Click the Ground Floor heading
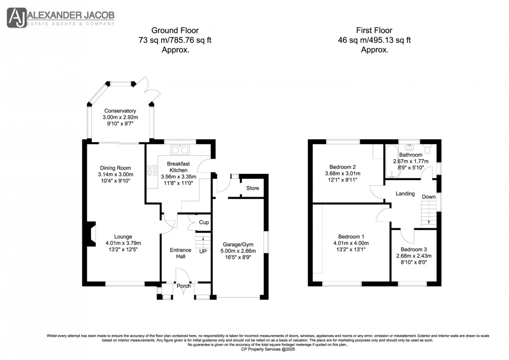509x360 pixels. click(x=171, y=30)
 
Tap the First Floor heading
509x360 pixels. click(x=375, y=30)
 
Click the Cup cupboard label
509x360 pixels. click(x=204, y=223)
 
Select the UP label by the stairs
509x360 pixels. click(x=203, y=251)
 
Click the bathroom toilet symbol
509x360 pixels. click(x=427, y=149)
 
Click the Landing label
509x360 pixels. click(x=405, y=193)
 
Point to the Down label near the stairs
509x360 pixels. click(x=429, y=197)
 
